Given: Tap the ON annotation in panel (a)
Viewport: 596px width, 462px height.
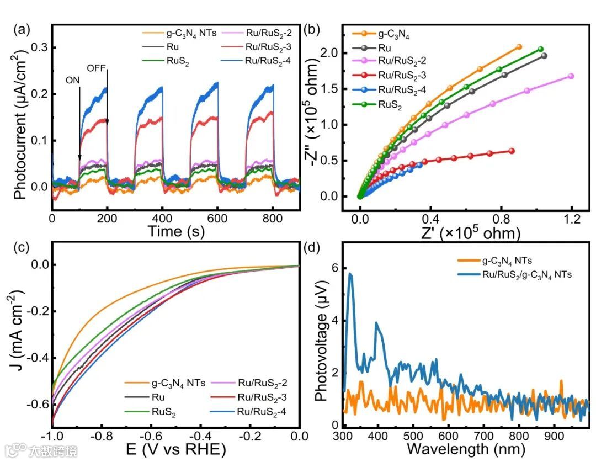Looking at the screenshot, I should coord(72,79).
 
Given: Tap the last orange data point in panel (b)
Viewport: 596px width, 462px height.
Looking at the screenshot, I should coord(519,47).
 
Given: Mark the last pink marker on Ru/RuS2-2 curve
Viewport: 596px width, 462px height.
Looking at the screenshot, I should coord(571,76).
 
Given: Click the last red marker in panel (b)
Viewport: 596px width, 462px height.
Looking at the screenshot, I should coord(512,151).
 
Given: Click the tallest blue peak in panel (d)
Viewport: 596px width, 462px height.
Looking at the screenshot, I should coord(350,274).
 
